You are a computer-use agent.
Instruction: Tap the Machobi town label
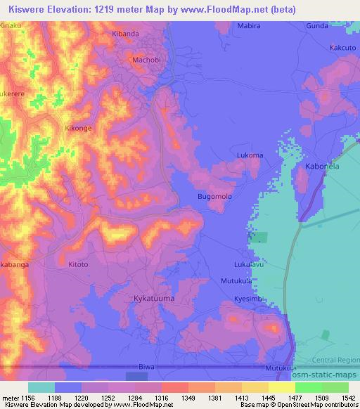pyautogui.click(x=146, y=60)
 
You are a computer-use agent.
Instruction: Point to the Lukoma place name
pyautogui.click(x=250, y=155)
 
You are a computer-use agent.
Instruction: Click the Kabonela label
pyautogui.click(x=323, y=167)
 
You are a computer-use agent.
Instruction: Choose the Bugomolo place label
pyautogui.click(x=214, y=196)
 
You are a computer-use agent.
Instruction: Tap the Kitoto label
pyautogui.click(x=78, y=264)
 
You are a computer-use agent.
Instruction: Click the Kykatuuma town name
pyautogui.click(x=153, y=299)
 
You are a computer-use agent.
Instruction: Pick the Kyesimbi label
pyautogui.click(x=248, y=299)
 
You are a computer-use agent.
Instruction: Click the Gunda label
pyautogui.click(x=317, y=25)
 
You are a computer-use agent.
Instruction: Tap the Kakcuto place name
pyautogui.click(x=343, y=48)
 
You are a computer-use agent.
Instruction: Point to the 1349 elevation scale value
pyautogui.click(x=173, y=397)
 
